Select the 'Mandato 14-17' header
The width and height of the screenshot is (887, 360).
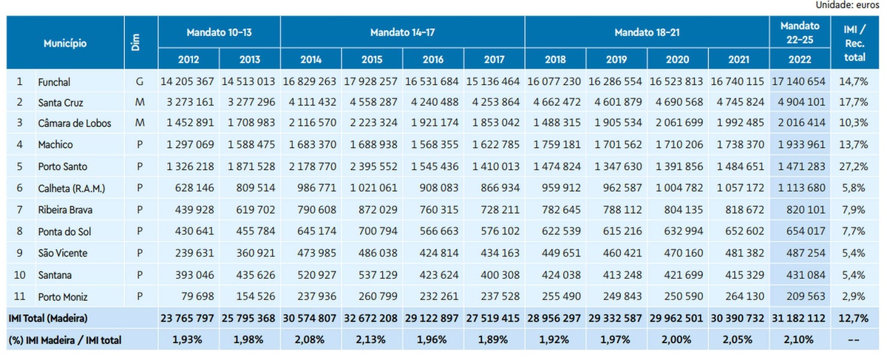point(402,32)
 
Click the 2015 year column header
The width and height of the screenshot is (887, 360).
point(372,59)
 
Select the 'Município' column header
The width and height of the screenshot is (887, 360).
point(65,44)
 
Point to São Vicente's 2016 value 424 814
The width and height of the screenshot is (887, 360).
point(433,254)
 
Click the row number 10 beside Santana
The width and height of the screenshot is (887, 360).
point(21,275)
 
